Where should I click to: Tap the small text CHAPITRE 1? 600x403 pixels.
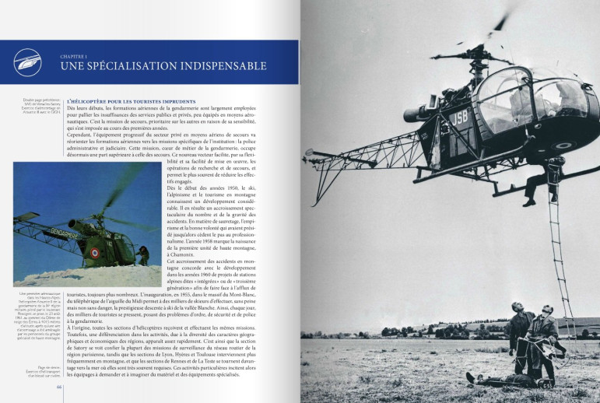pos(75,56)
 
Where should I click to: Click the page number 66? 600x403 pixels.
pos(58,394)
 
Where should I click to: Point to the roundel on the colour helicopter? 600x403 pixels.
pos(96,252)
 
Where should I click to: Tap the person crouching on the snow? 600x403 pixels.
pos(143,254)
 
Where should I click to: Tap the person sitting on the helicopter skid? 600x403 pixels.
pos(554,176)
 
